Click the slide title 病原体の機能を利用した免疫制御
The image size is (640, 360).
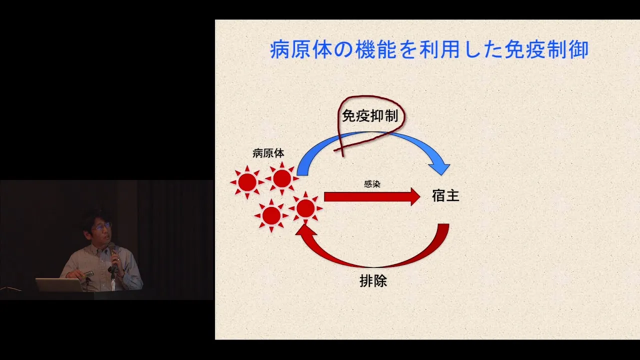[429, 49]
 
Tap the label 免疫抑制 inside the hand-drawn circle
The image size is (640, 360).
[370, 116]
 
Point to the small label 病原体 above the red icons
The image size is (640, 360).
[268, 153]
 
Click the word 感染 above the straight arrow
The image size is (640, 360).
[372, 184]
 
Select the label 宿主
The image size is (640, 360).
[445, 196]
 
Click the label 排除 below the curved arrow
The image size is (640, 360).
[373, 281]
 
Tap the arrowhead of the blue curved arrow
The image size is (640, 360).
[440, 168]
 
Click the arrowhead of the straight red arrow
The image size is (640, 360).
[415, 196]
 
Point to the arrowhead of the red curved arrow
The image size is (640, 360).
[305, 230]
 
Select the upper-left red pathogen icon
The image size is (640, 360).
[247, 182]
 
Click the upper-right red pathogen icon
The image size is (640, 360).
[282, 178]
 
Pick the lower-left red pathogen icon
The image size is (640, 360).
[271, 215]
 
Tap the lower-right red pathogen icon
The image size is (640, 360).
[305, 208]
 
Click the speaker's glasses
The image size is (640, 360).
[101, 226]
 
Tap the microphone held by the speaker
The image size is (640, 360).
[112, 252]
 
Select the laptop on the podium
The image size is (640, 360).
[59, 285]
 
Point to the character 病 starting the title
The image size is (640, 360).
[280, 49]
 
